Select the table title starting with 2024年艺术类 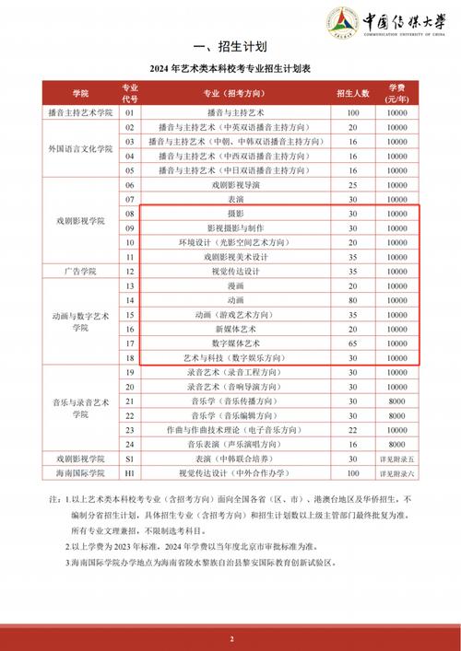230,70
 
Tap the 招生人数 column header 352,93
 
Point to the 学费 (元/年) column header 396,93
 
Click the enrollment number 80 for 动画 352,299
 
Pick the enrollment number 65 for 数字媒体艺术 352,343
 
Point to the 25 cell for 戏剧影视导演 352,184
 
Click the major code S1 130,458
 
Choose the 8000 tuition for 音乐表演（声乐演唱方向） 396,443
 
